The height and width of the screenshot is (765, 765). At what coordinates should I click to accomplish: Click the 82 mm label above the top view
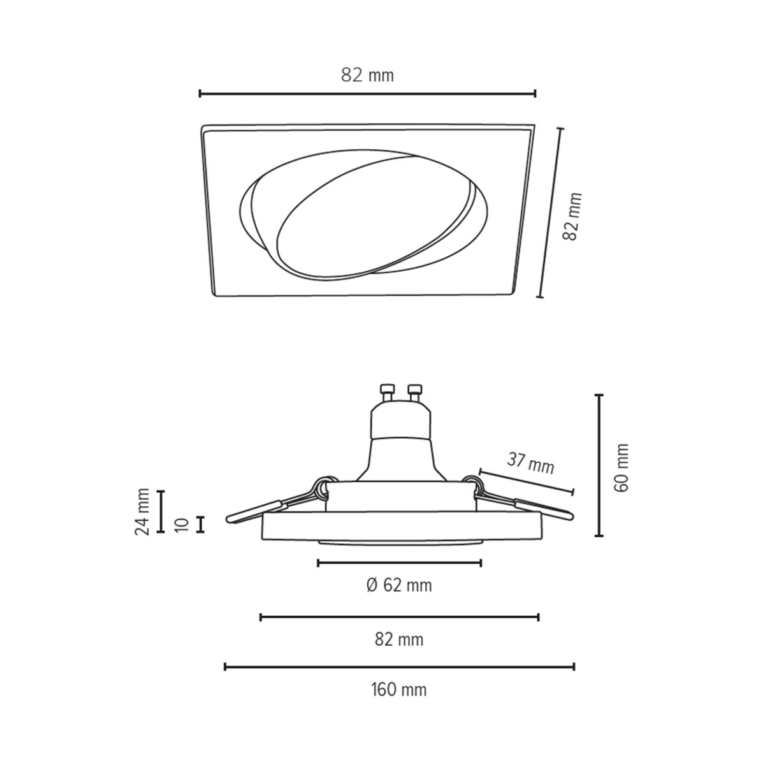pos(367,75)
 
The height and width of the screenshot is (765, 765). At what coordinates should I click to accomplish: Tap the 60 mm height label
pos(622,467)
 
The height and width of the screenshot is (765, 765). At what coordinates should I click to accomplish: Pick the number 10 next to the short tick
pos(182,525)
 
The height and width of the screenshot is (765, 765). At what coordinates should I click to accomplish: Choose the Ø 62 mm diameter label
pos(399,585)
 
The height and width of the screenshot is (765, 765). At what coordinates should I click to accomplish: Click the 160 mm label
pos(399,689)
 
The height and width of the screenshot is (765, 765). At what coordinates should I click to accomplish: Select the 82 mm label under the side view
pos(399,639)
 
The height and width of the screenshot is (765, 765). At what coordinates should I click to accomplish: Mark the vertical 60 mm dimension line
pos(599,465)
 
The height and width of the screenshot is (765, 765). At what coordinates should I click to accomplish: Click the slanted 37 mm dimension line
pos(527,482)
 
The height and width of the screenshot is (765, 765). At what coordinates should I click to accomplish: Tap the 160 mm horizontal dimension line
pos(399,667)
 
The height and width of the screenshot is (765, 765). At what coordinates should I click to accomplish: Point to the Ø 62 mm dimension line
pos(399,562)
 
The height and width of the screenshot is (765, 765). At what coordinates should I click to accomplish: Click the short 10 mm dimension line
pos(201,524)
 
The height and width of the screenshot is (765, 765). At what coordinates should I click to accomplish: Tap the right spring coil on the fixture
pos(473,484)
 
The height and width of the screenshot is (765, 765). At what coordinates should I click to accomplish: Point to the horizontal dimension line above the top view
pos(367,94)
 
